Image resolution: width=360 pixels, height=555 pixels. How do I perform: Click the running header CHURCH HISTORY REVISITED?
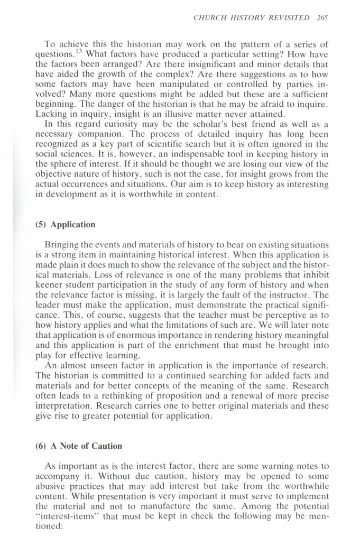[x=252, y=17]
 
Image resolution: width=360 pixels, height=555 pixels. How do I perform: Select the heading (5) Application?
[x=62, y=225]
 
